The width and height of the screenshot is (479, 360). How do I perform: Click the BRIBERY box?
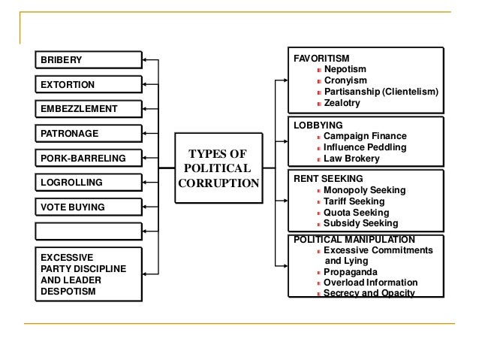click(x=87, y=60)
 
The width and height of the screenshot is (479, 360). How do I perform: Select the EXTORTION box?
click(x=87, y=84)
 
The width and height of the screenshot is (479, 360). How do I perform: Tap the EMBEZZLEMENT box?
click(x=87, y=109)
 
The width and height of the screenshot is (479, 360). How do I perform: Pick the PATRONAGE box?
click(x=87, y=134)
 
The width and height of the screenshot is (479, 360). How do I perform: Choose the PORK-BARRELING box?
click(x=87, y=159)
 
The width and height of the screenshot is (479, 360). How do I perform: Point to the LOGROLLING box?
click(x=87, y=183)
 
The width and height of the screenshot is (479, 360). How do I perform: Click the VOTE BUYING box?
click(x=87, y=207)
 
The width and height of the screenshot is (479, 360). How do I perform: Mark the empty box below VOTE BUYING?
click(x=87, y=231)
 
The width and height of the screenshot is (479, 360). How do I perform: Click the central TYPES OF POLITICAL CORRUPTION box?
click(x=218, y=168)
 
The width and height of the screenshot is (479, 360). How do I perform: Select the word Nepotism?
click(x=345, y=68)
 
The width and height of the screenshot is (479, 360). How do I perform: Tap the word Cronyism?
click(x=345, y=80)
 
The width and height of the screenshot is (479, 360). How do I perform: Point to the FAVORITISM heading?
click(x=321, y=57)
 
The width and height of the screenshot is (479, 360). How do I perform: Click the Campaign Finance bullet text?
click(x=365, y=136)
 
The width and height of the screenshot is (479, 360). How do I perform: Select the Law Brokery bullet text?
click(x=351, y=159)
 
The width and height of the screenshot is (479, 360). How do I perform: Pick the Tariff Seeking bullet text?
click(x=354, y=201)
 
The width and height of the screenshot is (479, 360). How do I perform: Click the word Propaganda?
click(x=351, y=271)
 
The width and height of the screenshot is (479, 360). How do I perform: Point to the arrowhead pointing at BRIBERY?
click(x=146, y=60)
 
